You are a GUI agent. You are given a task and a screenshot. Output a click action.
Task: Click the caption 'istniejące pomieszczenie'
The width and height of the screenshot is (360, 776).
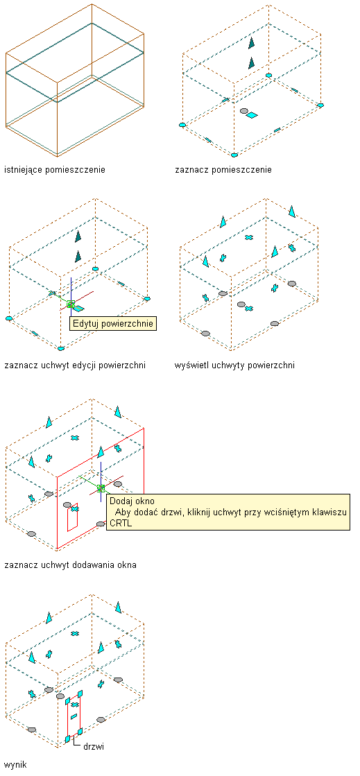55,170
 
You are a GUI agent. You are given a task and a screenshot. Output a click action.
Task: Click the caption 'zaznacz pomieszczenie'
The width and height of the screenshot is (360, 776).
223,170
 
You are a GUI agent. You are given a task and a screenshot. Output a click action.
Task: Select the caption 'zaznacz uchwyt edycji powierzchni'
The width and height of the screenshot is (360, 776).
75,365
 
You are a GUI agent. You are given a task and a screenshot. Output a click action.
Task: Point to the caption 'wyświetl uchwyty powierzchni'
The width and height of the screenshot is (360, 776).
234,365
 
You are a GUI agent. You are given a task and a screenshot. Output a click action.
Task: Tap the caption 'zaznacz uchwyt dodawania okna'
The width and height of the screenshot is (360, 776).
70,564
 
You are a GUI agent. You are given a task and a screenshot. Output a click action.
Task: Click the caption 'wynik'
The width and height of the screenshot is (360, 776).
15,765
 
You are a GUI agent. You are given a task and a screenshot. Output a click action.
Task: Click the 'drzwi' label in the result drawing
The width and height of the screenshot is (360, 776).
93,746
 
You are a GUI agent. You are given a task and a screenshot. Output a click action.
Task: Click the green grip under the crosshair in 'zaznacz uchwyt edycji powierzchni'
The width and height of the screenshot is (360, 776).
71,304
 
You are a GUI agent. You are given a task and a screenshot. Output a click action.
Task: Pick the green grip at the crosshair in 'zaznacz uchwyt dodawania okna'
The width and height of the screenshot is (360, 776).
101,488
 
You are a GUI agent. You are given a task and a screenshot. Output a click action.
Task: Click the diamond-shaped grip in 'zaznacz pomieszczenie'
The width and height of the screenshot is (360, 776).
252,115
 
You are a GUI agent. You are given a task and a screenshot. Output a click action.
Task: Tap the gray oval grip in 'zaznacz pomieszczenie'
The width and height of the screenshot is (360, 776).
243,111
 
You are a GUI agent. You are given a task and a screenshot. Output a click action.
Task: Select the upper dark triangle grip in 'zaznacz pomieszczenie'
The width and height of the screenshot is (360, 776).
252,43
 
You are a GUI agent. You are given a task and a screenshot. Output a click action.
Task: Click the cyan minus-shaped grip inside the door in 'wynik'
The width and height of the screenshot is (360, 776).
74,716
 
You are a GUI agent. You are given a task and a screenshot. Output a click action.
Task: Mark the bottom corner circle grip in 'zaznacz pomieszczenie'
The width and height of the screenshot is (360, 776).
234,155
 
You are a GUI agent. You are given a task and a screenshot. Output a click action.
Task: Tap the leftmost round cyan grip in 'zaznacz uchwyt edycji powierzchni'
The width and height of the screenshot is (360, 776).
8,318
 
